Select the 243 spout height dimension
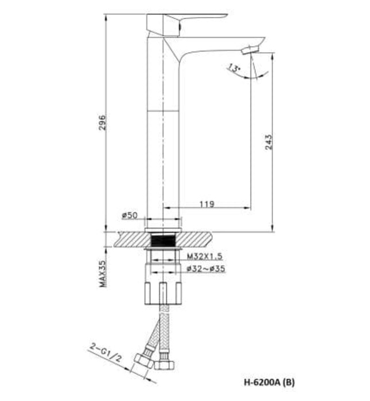tap(268, 141)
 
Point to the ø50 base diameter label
tap(130, 215)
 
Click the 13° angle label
tap(233, 69)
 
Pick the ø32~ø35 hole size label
tap(206, 268)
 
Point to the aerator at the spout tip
tap(250, 50)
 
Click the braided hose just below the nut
tap(165, 315)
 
